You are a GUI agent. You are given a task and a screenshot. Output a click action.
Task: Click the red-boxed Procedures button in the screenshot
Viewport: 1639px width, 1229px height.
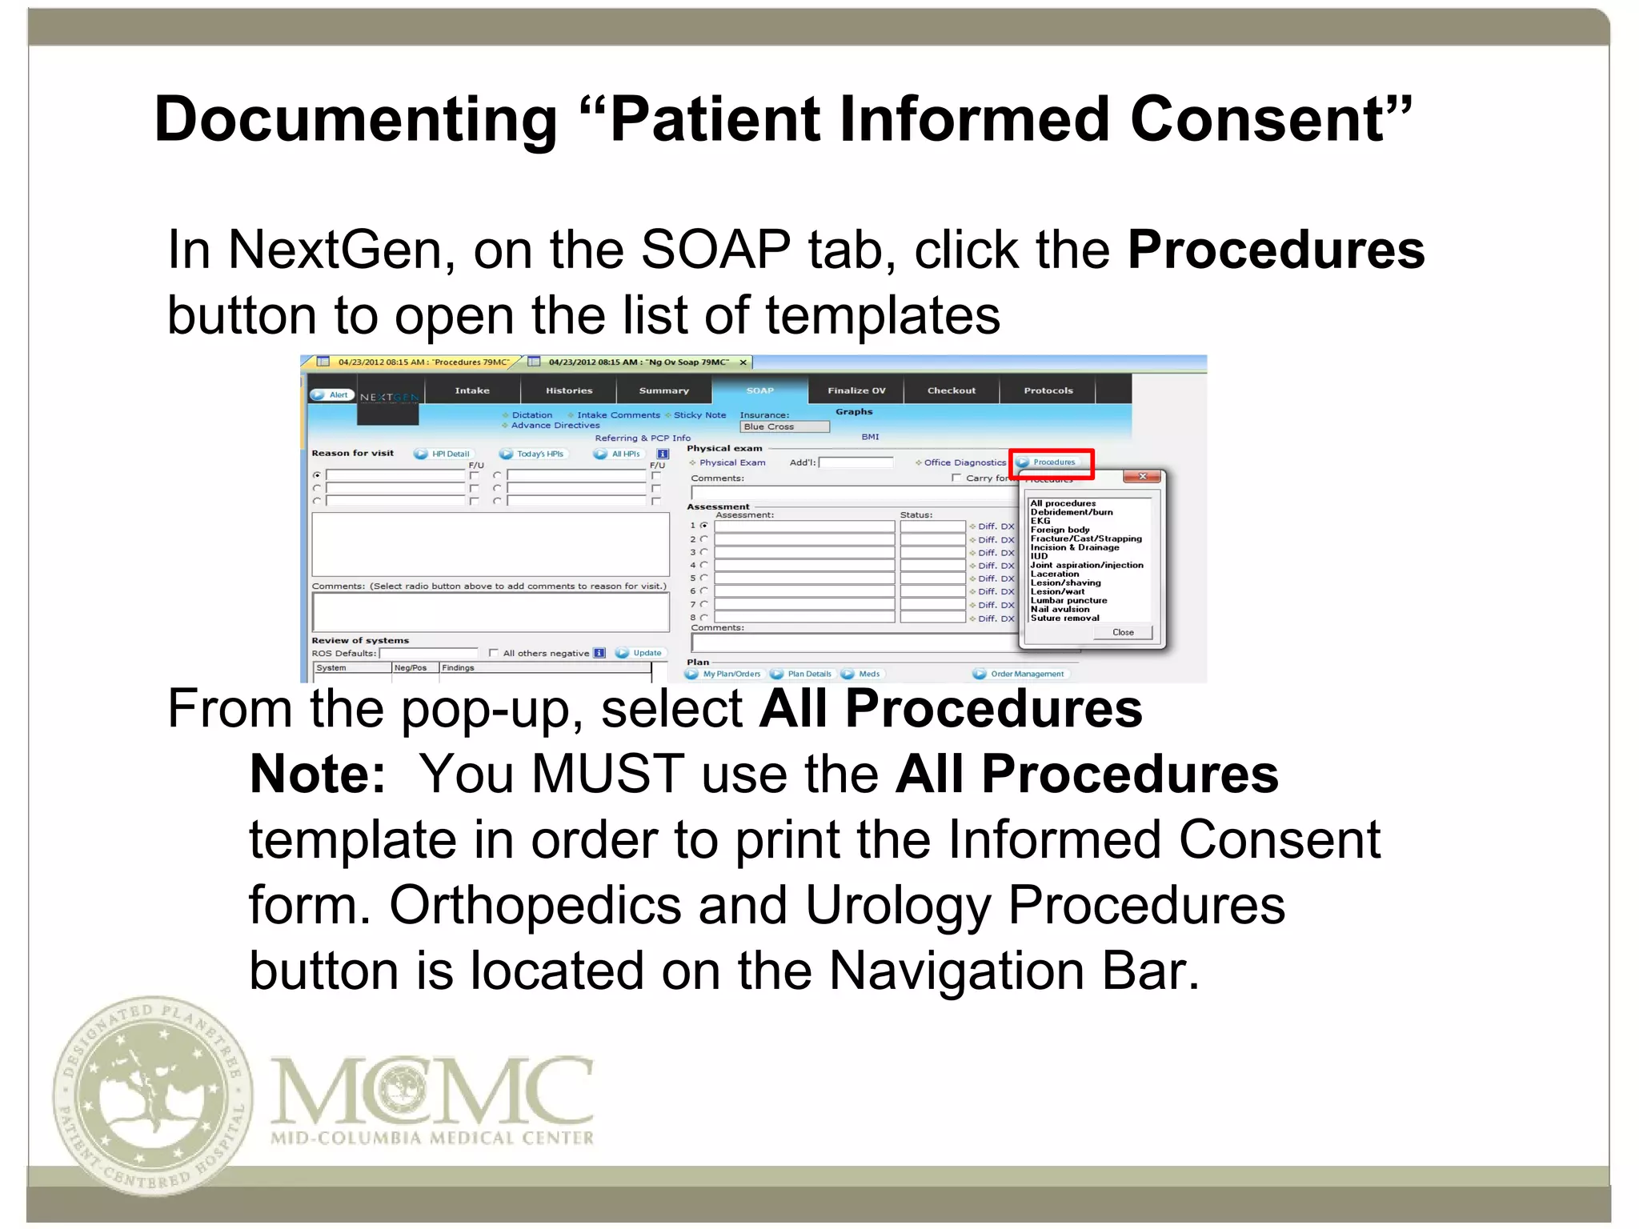[1052, 462]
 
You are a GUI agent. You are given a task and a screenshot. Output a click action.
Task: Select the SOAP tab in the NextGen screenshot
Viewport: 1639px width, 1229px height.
[759, 390]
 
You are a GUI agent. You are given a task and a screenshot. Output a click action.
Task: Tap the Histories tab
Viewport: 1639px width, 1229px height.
[569, 390]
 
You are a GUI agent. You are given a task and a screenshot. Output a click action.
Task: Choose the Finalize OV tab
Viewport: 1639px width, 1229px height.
[856, 390]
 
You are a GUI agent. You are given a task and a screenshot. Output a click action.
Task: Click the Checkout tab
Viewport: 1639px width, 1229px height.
[951, 390]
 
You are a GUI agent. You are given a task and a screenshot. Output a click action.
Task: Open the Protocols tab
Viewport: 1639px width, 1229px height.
[1048, 390]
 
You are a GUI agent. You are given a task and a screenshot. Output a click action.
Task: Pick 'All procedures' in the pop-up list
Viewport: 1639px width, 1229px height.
[1063, 503]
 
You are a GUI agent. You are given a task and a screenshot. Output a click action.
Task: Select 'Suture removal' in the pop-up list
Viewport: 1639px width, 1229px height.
[1064, 618]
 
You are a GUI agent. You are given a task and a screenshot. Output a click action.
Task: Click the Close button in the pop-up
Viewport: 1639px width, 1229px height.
[1123, 632]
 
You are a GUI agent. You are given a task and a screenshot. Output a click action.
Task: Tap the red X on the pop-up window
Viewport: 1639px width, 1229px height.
[1143, 477]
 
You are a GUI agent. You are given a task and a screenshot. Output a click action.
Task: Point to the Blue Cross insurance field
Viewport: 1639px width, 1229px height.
[784, 427]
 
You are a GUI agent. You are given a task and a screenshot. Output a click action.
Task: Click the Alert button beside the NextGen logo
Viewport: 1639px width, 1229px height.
[332, 394]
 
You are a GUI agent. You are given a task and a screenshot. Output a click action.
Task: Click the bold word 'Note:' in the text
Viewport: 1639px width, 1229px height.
[318, 775]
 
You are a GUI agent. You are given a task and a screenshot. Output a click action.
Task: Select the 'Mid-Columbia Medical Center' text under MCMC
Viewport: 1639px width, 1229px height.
[432, 1138]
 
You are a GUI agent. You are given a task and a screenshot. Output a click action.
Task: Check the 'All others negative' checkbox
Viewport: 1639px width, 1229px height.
[493, 653]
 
